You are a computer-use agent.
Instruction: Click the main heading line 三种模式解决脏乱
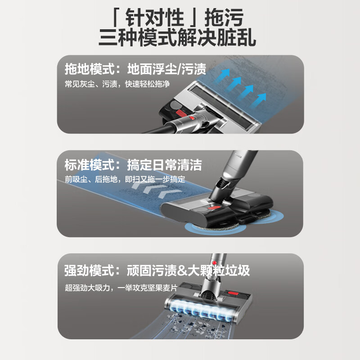(180, 37)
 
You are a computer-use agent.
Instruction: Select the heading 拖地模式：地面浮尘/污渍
(135, 70)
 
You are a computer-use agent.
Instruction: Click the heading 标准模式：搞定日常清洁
(133, 165)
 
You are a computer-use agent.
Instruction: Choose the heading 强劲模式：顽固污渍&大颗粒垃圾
(157, 270)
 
